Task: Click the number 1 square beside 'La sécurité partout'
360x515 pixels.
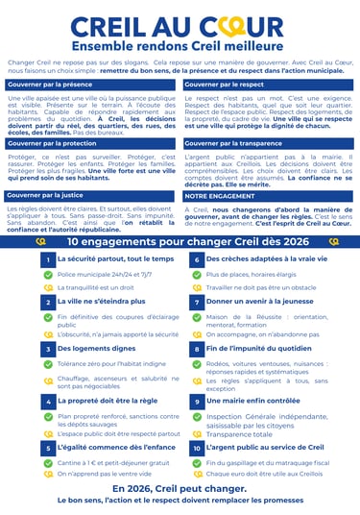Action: [47, 259]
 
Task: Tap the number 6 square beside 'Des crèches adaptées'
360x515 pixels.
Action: [196, 259]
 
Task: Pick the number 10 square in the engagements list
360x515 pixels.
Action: [196, 448]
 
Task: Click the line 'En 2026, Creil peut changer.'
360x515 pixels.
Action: [180, 488]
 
